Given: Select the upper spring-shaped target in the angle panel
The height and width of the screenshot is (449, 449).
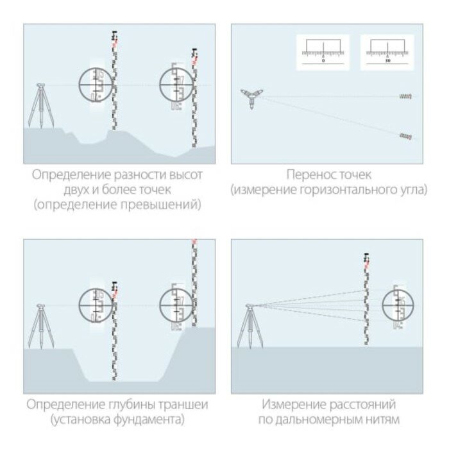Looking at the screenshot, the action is [405, 96].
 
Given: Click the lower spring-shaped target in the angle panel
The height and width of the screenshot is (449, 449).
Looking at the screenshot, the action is [405, 136].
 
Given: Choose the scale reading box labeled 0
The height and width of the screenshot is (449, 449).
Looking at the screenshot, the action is [323, 52].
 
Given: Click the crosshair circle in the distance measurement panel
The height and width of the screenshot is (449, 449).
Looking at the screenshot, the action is [398, 305].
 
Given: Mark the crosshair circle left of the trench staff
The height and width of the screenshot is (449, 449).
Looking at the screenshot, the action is [95, 304].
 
